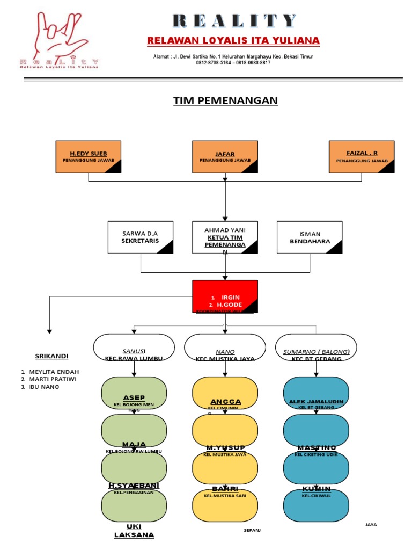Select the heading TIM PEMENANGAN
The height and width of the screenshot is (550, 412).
(x=225, y=101)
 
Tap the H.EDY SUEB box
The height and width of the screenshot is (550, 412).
(x=89, y=157)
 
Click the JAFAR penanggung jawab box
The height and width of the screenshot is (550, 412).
(x=225, y=157)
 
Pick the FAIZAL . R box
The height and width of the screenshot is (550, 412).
(x=362, y=157)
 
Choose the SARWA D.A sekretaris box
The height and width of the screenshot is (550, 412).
(x=141, y=237)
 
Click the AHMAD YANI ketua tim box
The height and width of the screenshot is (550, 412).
(x=225, y=237)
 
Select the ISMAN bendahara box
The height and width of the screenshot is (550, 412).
(x=310, y=237)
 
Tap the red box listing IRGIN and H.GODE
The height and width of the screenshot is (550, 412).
(x=225, y=296)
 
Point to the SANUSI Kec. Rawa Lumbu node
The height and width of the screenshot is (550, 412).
(x=134, y=348)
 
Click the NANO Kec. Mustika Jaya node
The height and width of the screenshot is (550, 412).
(x=225, y=348)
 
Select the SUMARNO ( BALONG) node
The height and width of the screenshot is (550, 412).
(x=316, y=348)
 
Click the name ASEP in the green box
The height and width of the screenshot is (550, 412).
(x=134, y=397)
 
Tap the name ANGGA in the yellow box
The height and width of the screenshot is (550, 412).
(x=225, y=402)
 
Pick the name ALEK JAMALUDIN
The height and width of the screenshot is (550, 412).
(x=316, y=402)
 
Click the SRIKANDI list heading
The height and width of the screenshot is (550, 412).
(x=52, y=356)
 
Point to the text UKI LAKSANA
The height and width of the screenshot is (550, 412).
(x=134, y=531)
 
